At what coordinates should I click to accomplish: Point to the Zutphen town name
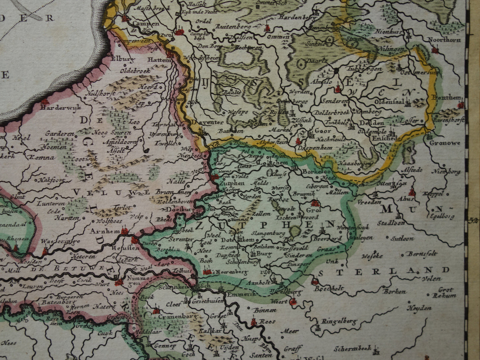[x=232, y=183]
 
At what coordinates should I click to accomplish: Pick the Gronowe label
[x=444, y=143]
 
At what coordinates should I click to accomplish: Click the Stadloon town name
[x=391, y=223]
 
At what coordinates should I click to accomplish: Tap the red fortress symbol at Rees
[x=253, y=321]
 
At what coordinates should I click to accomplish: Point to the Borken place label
[x=394, y=292]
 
